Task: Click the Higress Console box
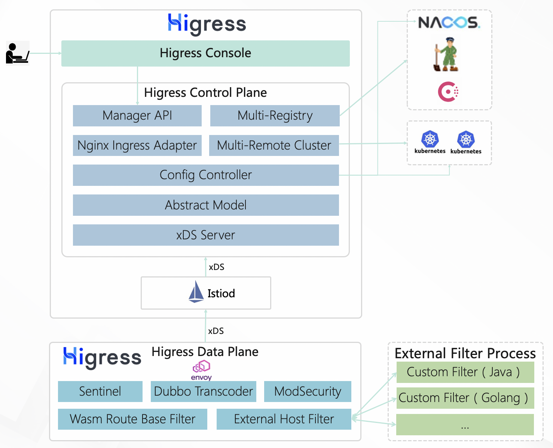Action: [205, 53]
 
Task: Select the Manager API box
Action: [137, 116]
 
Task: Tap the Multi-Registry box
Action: [275, 116]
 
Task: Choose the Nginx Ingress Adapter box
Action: [137, 145]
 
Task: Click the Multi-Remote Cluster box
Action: [274, 145]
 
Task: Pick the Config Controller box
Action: [206, 175]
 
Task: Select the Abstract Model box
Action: [206, 205]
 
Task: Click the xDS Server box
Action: [206, 235]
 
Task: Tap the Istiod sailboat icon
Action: [196, 292]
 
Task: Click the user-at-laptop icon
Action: [17, 53]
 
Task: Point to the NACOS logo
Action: [449, 22]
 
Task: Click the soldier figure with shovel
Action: [446, 54]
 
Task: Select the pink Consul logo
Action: [448, 92]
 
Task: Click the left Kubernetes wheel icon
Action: [430, 139]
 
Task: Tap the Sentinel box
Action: [100, 392]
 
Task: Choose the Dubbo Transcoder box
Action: [203, 392]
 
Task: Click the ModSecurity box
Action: [308, 392]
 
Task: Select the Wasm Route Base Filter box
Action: [132, 419]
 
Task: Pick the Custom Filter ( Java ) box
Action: [465, 372]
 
